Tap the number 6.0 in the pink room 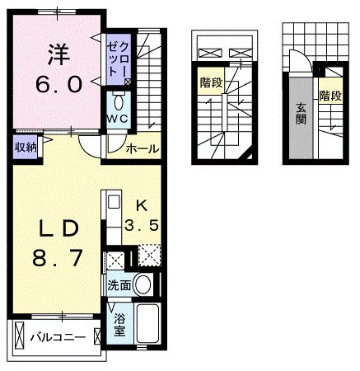point(56,83)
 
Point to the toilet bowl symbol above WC point(119,102)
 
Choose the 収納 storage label point(24,148)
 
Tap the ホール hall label point(142,148)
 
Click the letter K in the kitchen point(143,204)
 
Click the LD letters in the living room point(56,228)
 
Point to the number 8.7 point(56,258)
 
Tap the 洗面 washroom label point(117,286)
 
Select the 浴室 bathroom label point(119,323)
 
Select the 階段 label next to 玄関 point(330,96)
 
